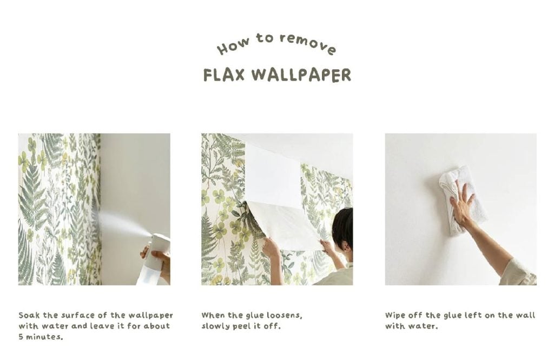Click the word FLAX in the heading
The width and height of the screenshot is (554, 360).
(223, 75)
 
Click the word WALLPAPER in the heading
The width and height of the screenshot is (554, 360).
(302, 75)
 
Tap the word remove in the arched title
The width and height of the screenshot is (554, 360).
(308, 44)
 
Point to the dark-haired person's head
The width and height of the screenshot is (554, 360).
(342, 229)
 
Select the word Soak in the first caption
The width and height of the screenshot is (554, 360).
(29, 315)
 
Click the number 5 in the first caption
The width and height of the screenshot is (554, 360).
(21, 337)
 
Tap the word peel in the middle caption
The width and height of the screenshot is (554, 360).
(241, 326)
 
